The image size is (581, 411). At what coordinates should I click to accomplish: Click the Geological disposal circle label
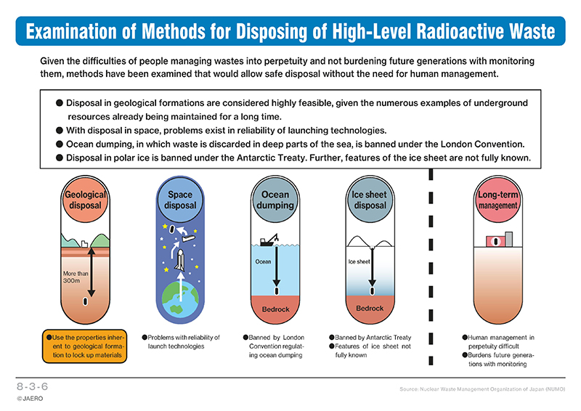click(85, 200)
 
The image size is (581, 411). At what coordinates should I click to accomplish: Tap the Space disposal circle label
click(180, 200)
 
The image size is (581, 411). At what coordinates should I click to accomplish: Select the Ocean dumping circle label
click(275, 200)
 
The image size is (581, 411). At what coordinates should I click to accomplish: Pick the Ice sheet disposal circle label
click(370, 200)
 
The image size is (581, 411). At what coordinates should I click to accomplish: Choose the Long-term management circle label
click(497, 200)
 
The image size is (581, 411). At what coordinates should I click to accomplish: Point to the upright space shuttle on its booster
click(180, 260)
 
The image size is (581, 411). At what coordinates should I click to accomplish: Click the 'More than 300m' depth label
click(76, 277)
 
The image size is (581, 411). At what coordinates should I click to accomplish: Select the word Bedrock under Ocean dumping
click(275, 309)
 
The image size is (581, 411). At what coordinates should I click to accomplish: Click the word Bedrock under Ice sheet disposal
click(370, 309)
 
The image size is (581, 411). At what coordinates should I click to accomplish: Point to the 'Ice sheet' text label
click(359, 261)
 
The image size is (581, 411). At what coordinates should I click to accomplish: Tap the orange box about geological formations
click(84, 346)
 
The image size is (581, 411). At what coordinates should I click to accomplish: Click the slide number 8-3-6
click(32, 386)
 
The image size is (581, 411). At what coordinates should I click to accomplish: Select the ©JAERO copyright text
click(30, 399)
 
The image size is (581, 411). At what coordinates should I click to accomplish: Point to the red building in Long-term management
click(495, 242)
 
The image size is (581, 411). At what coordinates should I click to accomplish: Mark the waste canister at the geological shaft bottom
click(86, 301)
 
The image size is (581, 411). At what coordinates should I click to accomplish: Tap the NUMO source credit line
click(482, 389)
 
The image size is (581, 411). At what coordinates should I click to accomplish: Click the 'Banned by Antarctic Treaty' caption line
click(370, 338)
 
